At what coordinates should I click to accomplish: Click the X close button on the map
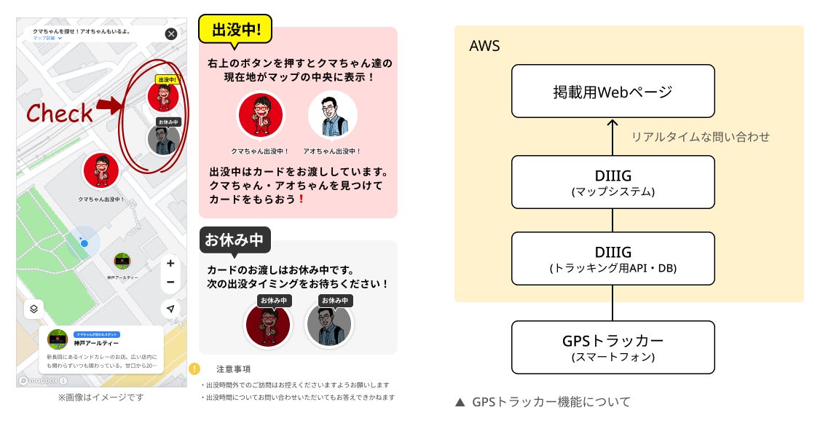(x=170, y=33)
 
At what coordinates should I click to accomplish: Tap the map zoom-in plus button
(x=170, y=264)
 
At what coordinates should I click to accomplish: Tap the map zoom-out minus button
(x=170, y=282)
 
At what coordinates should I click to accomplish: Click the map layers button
(x=34, y=309)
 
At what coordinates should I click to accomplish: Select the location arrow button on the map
(x=170, y=309)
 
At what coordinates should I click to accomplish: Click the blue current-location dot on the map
(x=84, y=242)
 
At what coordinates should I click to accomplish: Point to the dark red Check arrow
(x=107, y=106)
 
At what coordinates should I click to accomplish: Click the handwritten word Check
(x=60, y=113)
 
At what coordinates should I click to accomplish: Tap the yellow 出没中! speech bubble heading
(x=235, y=30)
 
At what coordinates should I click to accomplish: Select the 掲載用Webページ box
(x=613, y=91)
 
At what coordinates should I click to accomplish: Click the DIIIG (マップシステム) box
(x=613, y=181)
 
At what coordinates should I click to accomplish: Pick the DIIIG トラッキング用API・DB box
(x=613, y=259)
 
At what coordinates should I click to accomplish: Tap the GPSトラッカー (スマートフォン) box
(x=613, y=347)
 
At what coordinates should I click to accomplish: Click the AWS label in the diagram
(x=484, y=46)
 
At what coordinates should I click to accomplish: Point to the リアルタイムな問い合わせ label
(x=700, y=136)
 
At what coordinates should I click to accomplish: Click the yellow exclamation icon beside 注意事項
(x=194, y=368)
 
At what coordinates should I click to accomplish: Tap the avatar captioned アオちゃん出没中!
(x=333, y=115)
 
